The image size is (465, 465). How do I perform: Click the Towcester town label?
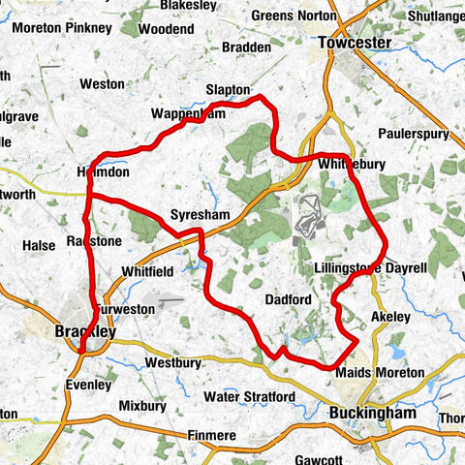354,44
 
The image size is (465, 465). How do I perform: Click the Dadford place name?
288,300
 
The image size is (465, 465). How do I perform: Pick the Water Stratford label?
250,397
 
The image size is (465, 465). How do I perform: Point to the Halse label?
39,246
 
